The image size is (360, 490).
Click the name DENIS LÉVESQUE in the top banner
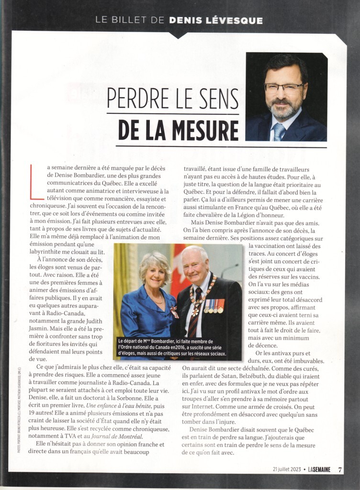(215, 20)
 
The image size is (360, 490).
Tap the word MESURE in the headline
(209, 130)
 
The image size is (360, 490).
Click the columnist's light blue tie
(279, 131)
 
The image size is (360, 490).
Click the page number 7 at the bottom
(340, 469)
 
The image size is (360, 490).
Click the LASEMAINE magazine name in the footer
(319, 469)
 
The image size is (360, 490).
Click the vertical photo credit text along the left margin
(19, 411)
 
